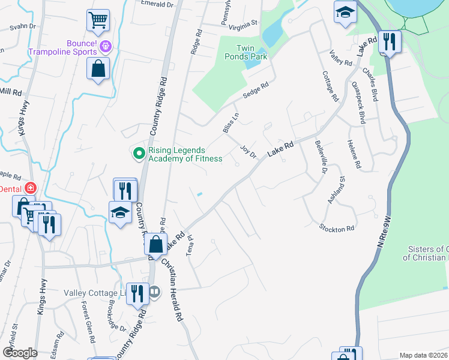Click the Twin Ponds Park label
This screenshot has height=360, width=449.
click(x=251, y=52)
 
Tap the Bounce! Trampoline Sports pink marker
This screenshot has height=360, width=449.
click(x=106, y=45)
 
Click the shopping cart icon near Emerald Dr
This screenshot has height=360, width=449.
click(x=98, y=20)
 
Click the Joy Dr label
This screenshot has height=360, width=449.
click(x=248, y=150)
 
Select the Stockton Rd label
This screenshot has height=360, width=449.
click(x=337, y=228)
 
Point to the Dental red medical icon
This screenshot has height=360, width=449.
click(x=31, y=188)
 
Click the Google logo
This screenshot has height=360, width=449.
click(x=19, y=353)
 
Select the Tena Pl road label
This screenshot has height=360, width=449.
click(x=191, y=245)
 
